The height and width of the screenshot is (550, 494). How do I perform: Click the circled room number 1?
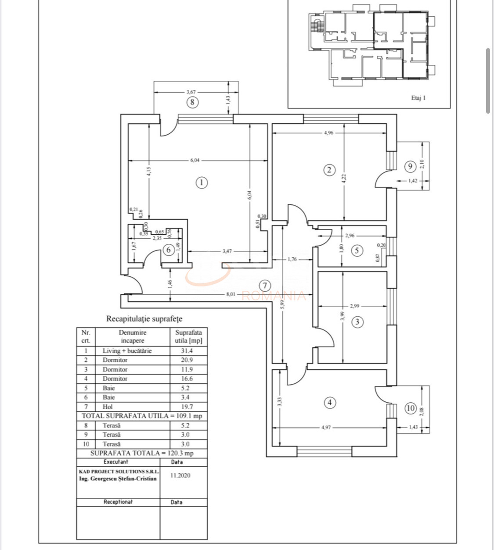(201, 182)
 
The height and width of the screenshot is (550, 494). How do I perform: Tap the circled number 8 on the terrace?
(192, 103)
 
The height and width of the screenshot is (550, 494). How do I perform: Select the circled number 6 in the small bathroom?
(169, 250)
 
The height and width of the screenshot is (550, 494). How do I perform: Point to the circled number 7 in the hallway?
(264, 286)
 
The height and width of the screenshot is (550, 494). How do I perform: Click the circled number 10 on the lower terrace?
(410, 408)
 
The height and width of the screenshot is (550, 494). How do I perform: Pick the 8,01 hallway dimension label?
(231, 294)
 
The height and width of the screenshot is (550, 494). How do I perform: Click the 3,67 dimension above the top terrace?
(191, 92)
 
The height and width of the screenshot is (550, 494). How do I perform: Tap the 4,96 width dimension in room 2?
(328, 132)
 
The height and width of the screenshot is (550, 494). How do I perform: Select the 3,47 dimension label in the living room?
(227, 251)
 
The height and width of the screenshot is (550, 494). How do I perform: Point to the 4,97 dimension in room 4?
(326, 427)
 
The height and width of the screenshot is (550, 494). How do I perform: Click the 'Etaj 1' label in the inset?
(418, 98)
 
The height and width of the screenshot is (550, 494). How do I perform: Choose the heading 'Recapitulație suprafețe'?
(144, 319)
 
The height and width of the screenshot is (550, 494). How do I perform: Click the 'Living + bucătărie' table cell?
(127, 351)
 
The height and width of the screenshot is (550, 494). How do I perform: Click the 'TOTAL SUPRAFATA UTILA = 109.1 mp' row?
(142, 416)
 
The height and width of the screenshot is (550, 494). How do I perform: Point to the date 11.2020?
(180, 475)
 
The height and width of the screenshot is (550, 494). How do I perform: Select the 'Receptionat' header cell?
(118, 502)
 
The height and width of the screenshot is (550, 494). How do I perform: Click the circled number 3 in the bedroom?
(357, 322)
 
